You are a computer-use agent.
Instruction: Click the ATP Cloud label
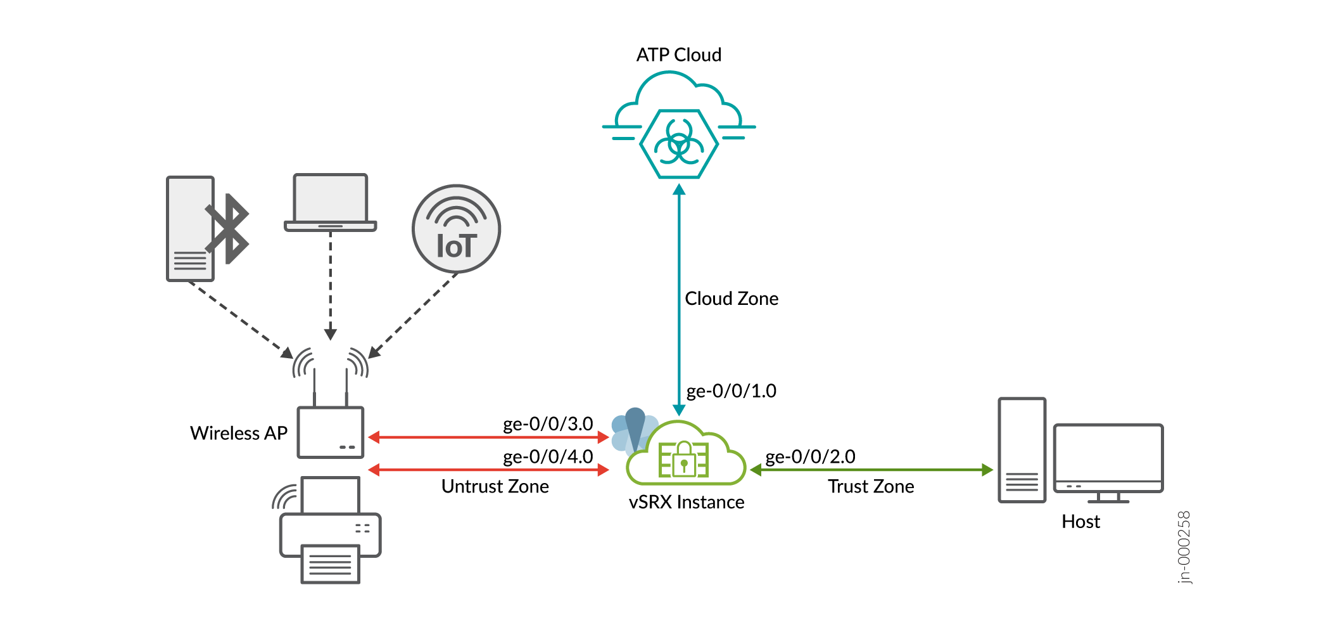(x=678, y=55)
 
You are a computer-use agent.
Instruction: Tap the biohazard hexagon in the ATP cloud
(x=679, y=145)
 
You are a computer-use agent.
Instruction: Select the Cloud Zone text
(x=731, y=299)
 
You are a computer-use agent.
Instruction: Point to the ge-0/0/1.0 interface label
(x=731, y=391)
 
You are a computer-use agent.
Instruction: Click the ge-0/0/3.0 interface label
(x=548, y=424)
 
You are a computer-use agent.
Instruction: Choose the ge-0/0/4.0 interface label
(x=548, y=457)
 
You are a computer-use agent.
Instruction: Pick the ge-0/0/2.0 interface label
(x=810, y=457)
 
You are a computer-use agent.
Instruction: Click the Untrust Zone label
(x=495, y=487)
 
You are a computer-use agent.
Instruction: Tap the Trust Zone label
(x=871, y=487)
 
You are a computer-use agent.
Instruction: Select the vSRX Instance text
(x=687, y=503)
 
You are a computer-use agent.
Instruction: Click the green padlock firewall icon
(x=683, y=459)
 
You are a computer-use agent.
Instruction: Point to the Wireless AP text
(x=239, y=434)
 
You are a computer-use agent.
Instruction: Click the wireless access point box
(x=331, y=432)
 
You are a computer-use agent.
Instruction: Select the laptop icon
(x=330, y=202)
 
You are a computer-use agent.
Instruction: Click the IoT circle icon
(x=456, y=229)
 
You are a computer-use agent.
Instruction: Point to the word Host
(x=1080, y=522)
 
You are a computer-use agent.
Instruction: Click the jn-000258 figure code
(x=1184, y=547)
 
